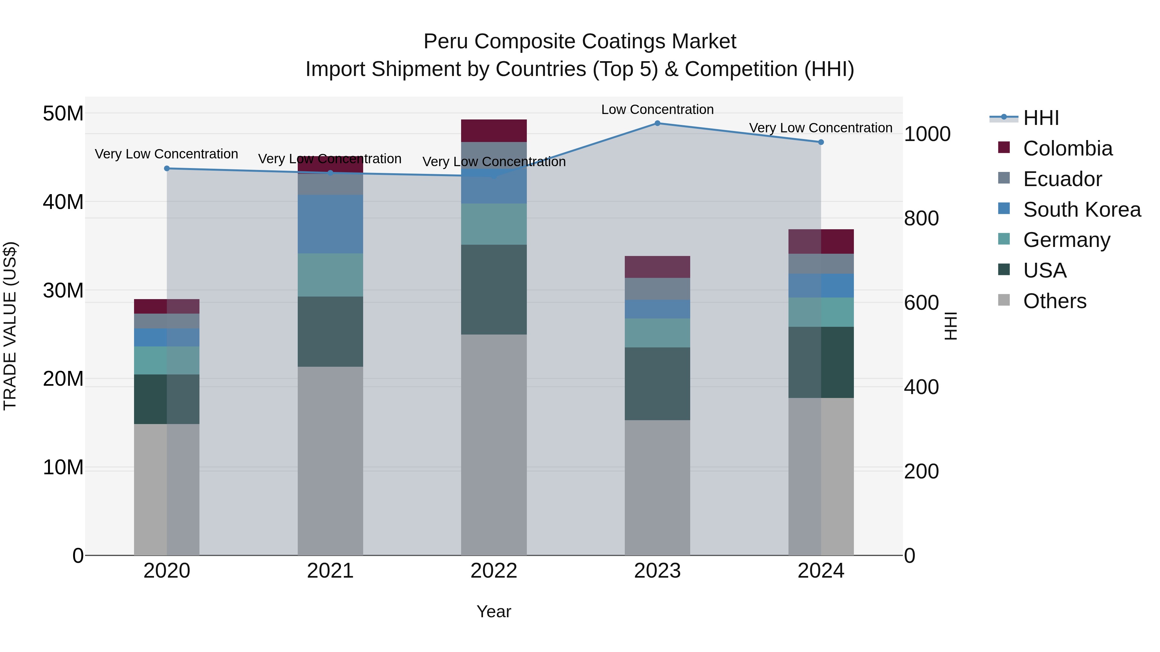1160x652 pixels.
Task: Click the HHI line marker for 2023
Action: (x=657, y=123)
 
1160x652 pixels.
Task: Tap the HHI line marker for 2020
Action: (x=167, y=169)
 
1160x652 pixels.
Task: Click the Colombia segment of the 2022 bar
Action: (x=494, y=131)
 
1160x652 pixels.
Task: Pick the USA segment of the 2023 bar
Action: (x=657, y=383)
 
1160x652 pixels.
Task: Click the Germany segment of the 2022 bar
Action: (x=494, y=224)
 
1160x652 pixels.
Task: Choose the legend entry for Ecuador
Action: (x=1062, y=179)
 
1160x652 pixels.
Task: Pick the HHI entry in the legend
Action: (x=1040, y=118)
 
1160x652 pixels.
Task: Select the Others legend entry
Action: (x=1054, y=301)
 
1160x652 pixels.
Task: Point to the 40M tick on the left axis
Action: (x=63, y=202)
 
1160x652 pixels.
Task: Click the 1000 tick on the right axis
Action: (x=927, y=134)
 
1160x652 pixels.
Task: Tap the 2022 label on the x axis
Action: (x=494, y=571)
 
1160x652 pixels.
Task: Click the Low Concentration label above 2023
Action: (x=657, y=109)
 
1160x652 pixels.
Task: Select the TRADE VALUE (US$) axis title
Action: (x=10, y=326)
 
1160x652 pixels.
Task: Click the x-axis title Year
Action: (x=494, y=611)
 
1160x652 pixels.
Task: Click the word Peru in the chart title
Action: (x=446, y=42)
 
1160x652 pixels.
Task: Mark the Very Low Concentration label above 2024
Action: (x=820, y=128)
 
